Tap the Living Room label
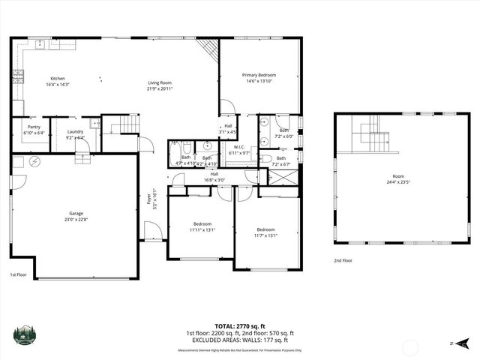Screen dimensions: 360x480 pyautogui.click(x=160, y=83)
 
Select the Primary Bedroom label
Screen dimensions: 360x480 pyautogui.click(x=259, y=75)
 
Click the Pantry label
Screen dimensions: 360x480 pyautogui.click(x=34, y=127)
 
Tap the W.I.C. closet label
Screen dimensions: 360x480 pyautogui.click(x=241, y=147)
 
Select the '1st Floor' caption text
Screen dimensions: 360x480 pyautogui.click(x=19, y=274)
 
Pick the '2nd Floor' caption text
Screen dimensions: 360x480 pyautogui.click(x=344, y=260)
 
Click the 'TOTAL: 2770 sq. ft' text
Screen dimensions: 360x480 pyautogui.click(x=239, y=326)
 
